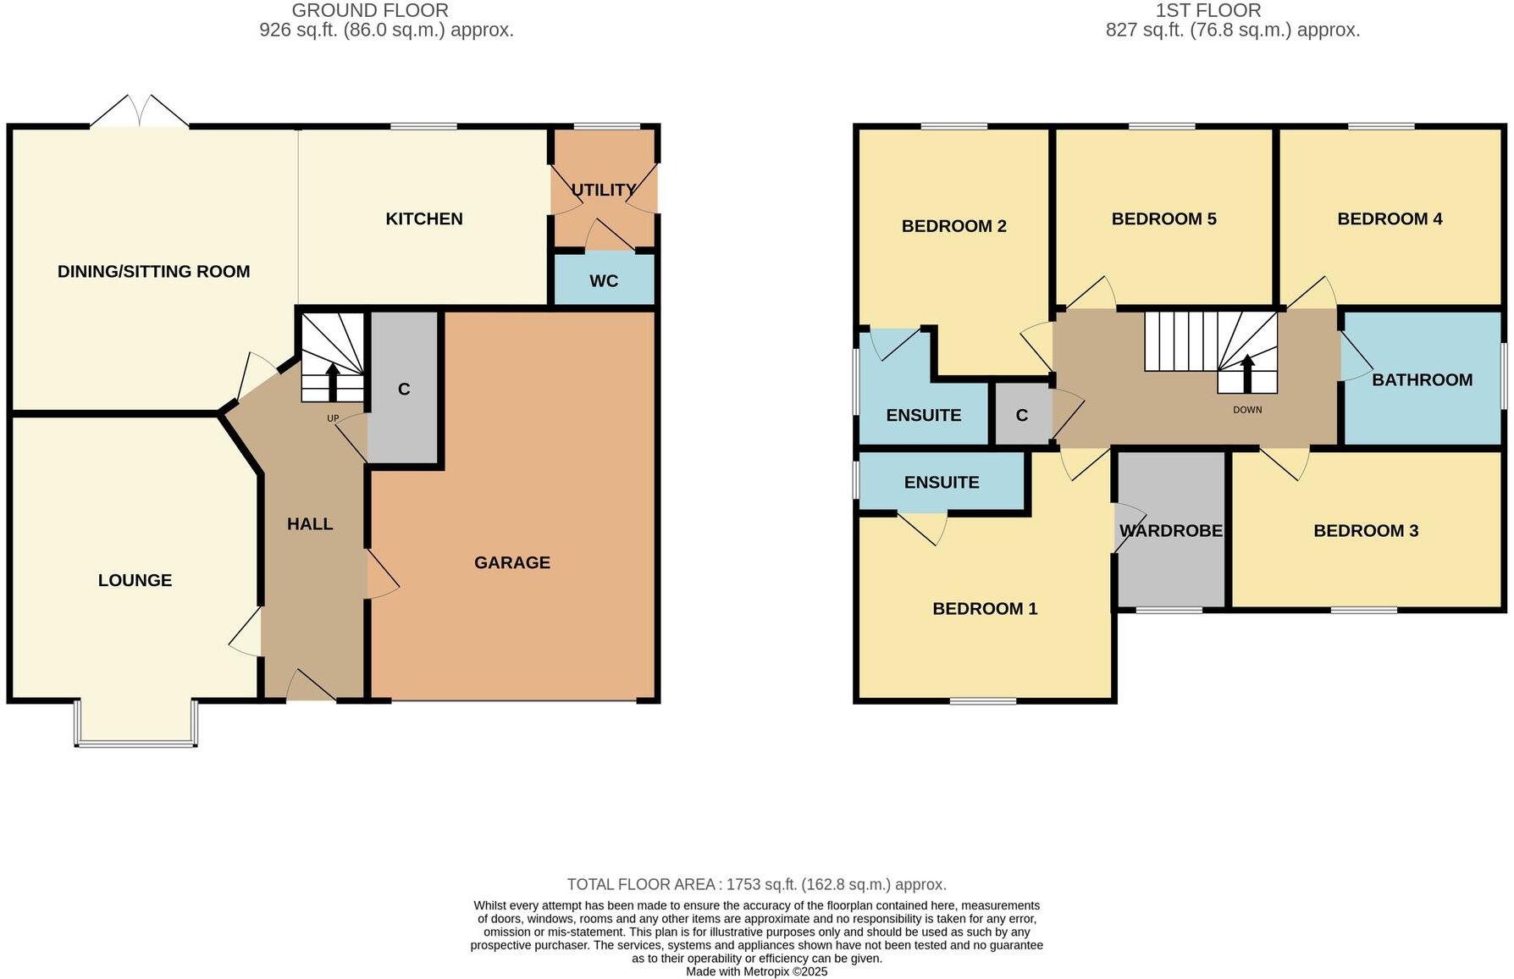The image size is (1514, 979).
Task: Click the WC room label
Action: pyautogui.click(x=603, y=281)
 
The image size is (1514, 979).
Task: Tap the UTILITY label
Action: pyautogui.click(x=603, y=190)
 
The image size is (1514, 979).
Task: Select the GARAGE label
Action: pyautogui.click(x=511, y=562)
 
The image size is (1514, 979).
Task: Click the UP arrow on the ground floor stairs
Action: pyautogui.click(x=332, y=381)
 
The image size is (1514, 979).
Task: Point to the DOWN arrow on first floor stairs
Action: pyautogui.click(x=1246, y=373)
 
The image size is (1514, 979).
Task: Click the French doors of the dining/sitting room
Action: pyautogui.click(x=140, y=112)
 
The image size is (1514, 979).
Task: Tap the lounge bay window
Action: pyautogui.click(x=136, y=743)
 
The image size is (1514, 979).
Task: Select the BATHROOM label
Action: pyautogui.click(x=1422, y=379)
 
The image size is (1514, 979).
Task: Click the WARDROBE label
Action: pyautogui.click(x=1170, y=531)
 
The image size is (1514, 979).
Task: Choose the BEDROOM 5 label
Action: pyautogui.click(x=1163, y=218)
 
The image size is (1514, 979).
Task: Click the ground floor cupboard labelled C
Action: pyautogui.click(x=404, y=390)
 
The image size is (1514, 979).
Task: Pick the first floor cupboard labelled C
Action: pyautogui.click(x=1021, y=416)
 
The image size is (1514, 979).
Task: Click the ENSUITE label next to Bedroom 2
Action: pyautogui.click(x=923, y=416)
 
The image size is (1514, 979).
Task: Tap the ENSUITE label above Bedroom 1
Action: pyautogui.click(x=941, y=483)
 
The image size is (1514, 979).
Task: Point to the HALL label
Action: pyautogui.click(x=309, y=524)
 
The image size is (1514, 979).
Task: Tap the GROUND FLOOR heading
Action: pyautogui.click(x=370, y=11)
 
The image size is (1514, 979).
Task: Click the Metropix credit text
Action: pyautogui.click(x=756, y=971)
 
